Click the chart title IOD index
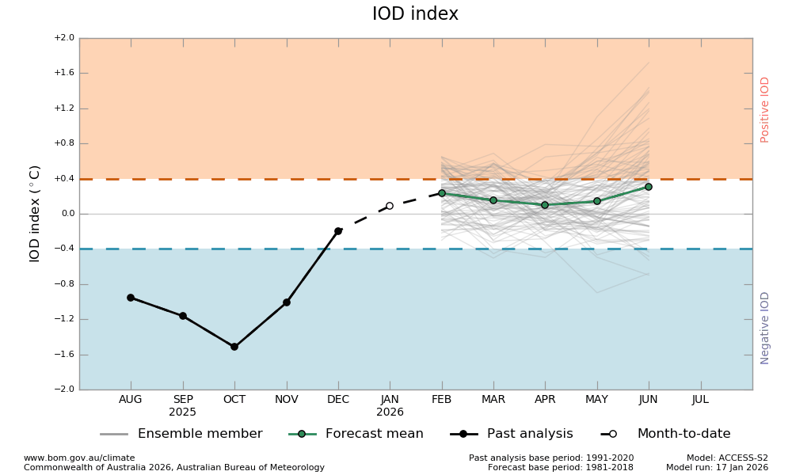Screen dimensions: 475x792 (415, 14)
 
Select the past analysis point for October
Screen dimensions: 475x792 (234, 347)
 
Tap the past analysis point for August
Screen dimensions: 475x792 (131, 298)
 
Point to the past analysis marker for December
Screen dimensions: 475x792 (338, 231)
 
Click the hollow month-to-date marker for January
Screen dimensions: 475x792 (390, 206)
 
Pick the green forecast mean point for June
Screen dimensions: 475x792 (649, 187)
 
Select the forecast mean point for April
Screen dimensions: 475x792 (545, 205)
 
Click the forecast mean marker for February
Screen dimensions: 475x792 (442, 193)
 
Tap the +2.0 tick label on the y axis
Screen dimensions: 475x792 (64, 38)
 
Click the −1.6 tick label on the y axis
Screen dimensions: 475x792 (64, 355)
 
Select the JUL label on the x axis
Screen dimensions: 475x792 (700, 400)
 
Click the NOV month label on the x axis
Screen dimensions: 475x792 (287, 400)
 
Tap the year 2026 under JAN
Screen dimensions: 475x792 (390, 412)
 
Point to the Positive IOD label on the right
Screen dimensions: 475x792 (765, 109)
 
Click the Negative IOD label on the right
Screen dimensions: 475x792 (765, 328)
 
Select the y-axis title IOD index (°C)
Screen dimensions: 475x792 (36, 214)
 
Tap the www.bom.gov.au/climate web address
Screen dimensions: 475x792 (79, 458)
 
